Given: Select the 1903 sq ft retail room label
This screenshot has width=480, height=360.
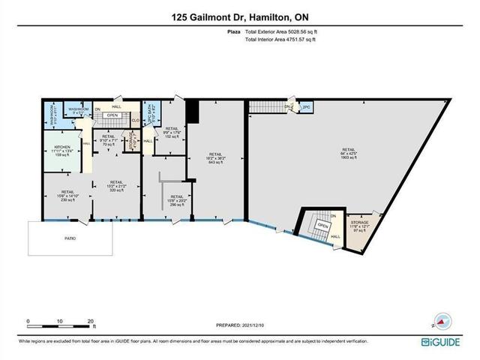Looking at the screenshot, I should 347,154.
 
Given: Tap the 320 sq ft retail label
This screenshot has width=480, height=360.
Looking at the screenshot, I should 116,186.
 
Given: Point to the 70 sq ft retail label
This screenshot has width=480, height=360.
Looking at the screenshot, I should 109,139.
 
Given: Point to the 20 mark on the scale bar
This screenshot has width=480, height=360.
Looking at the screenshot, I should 90,320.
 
